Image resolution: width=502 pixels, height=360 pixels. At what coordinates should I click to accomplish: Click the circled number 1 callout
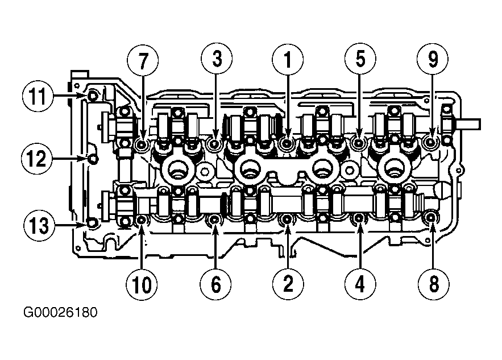(288, 60)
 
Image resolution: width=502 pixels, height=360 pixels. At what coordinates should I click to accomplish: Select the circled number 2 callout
(288, 284)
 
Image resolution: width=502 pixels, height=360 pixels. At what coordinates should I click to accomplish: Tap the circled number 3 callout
(217, 59)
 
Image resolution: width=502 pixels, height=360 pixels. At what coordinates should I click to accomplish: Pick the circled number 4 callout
(360, 284)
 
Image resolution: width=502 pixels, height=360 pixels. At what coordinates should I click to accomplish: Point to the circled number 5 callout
(360, 59)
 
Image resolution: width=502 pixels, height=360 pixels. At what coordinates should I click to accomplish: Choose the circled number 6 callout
(216, 284)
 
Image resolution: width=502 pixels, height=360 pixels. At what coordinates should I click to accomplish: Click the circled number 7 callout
(143, 60)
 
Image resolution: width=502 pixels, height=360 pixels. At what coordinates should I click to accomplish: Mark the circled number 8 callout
(433, 284)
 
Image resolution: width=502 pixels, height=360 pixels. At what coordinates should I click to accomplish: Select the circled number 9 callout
(433, 59)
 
